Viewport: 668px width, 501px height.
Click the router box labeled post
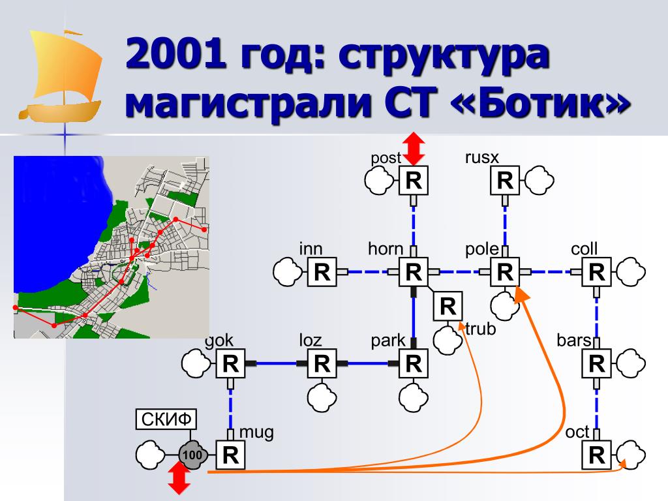[x=413, y=181]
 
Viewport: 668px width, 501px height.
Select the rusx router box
[x=504, y=181]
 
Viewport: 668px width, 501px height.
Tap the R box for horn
[x=413, y=272]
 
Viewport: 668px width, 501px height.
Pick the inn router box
[x=322, y=272]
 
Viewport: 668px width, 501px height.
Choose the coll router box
[x=596, y=272]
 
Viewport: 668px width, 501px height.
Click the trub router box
[x=448, y=306]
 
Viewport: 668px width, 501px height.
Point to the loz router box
[x=322, y=363]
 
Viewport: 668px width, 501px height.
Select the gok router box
[x=230, y=363]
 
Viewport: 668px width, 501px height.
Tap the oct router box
[x=596, y=455]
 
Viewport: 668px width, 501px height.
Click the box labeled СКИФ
[x=166, y=419]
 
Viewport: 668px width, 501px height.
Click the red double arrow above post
[x=413, y=149]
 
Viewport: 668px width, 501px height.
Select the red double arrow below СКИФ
[x=179, y=479]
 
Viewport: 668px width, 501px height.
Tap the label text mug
[x=256, y=432]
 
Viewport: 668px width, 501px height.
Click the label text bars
[x=574, y=341]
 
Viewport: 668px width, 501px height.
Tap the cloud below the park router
[x=414, y=394]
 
